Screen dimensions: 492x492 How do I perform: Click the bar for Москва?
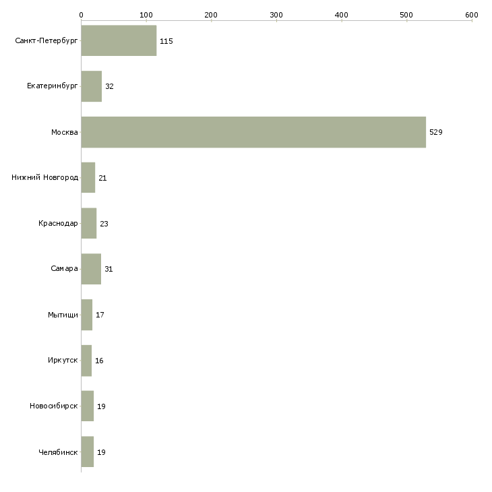253,132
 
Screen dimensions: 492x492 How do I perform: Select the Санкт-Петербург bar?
119,40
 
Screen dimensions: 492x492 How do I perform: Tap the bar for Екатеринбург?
92,86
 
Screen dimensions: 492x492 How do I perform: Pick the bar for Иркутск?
86,361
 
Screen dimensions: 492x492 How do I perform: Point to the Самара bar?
91,269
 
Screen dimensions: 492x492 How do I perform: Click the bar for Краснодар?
89,223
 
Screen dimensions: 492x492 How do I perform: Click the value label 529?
435,132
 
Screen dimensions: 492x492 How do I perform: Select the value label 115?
166,41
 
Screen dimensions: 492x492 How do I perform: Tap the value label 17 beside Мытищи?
100,315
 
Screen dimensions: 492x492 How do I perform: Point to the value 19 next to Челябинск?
101,452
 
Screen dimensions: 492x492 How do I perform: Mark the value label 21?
102,178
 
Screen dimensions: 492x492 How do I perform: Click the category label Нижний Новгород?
44,178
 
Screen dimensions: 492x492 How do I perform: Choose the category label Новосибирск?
53,406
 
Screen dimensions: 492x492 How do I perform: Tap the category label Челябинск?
58,452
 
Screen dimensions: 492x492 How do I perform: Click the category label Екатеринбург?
53,86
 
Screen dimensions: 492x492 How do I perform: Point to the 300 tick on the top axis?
276,14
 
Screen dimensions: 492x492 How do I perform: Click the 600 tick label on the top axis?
472,14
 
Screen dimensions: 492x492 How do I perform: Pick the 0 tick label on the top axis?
81,14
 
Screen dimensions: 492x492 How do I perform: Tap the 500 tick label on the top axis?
406,14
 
